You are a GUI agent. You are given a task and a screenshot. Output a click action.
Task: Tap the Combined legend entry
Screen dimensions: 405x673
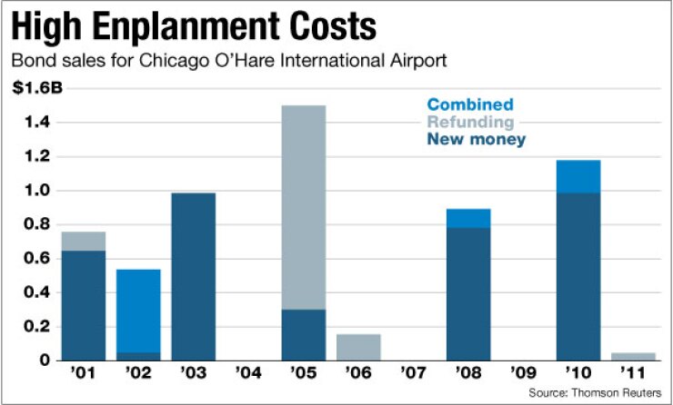coord(471,104)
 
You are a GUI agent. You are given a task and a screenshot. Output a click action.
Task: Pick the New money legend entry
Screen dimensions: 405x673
coord(477,139)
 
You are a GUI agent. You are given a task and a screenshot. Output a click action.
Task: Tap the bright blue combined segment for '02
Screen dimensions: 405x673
coord(138,310)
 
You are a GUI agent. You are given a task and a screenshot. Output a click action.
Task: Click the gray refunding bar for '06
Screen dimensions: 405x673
coord(358,347)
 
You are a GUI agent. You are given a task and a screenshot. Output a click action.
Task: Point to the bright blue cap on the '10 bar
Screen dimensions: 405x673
coord(578,176)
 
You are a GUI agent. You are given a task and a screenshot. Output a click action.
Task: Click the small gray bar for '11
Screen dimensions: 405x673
coord(633,356)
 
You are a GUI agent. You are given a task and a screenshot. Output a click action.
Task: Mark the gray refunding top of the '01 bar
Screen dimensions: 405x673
coord(84,240)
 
